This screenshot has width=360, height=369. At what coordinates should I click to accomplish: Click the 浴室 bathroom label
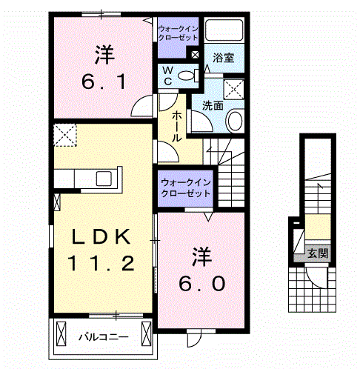coord(223,58)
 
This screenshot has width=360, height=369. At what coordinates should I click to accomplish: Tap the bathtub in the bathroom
coord(224,30)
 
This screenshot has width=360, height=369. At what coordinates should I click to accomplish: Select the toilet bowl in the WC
coord(186,76)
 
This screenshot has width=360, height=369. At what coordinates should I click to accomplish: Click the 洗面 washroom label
coord(213,106)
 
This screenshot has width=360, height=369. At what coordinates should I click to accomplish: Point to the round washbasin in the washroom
coord(234,121)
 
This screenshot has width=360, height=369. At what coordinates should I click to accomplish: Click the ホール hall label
coord(177,126)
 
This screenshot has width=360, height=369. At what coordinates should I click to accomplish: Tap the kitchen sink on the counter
coord(104,179)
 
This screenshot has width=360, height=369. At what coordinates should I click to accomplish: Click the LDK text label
coord(101,236)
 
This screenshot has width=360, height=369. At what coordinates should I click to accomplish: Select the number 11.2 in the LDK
coord(101,263)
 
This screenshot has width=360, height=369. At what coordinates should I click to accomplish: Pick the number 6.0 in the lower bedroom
coord(201,283)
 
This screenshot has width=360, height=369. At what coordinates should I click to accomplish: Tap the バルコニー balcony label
coord(104,337)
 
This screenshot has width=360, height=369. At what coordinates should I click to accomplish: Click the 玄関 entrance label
coord(318,253)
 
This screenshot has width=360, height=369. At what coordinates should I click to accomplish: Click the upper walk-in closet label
coord(178,33)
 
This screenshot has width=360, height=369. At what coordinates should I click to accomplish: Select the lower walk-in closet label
coord(186,188)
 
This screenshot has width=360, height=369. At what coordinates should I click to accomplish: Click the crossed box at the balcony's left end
coord(61,333)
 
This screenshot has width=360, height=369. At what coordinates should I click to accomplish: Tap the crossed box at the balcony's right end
coord(146,333)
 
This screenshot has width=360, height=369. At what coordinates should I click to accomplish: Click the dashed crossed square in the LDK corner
coord(65,135)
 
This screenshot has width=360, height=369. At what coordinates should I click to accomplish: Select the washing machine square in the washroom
coord(233,89)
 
